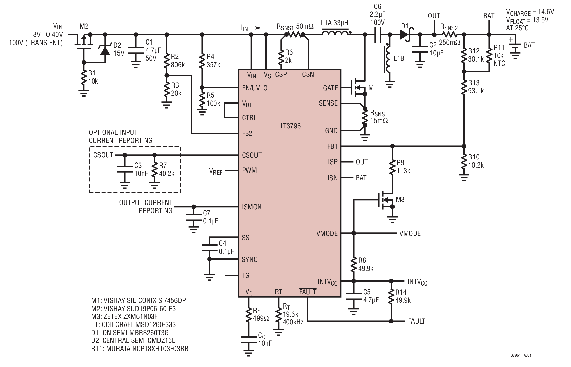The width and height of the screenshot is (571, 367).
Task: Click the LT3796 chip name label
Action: pyautogui.click(x=290, y=126)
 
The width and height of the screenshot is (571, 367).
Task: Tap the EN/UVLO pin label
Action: pyautogui.click(x=254, y=88)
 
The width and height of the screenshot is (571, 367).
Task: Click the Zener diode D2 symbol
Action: pyautogui.click(x=105, y=50)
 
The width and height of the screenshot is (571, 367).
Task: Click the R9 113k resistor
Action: pyautogui.click(x=392, y=167)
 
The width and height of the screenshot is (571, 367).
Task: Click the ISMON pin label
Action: pyautogui.click(x=251, y=207)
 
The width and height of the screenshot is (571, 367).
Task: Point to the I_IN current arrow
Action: pyautogui.click(x=255, y=28)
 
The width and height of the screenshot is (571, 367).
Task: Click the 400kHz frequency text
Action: pyautogui.click(x=293, y=322)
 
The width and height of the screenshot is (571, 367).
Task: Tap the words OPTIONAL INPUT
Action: pyautogui.click(x=113, y=132)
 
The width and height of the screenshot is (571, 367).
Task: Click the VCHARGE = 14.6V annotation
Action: pyautogui.click(x=530, y=12)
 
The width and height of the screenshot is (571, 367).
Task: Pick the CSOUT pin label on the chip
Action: pyautogui.click(x=252, y=155)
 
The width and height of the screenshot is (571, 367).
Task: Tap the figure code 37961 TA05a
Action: pyautogui.click(x=521, y=355)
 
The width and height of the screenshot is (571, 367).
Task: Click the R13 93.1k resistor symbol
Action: pyautogui.click(x=464, y=87)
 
